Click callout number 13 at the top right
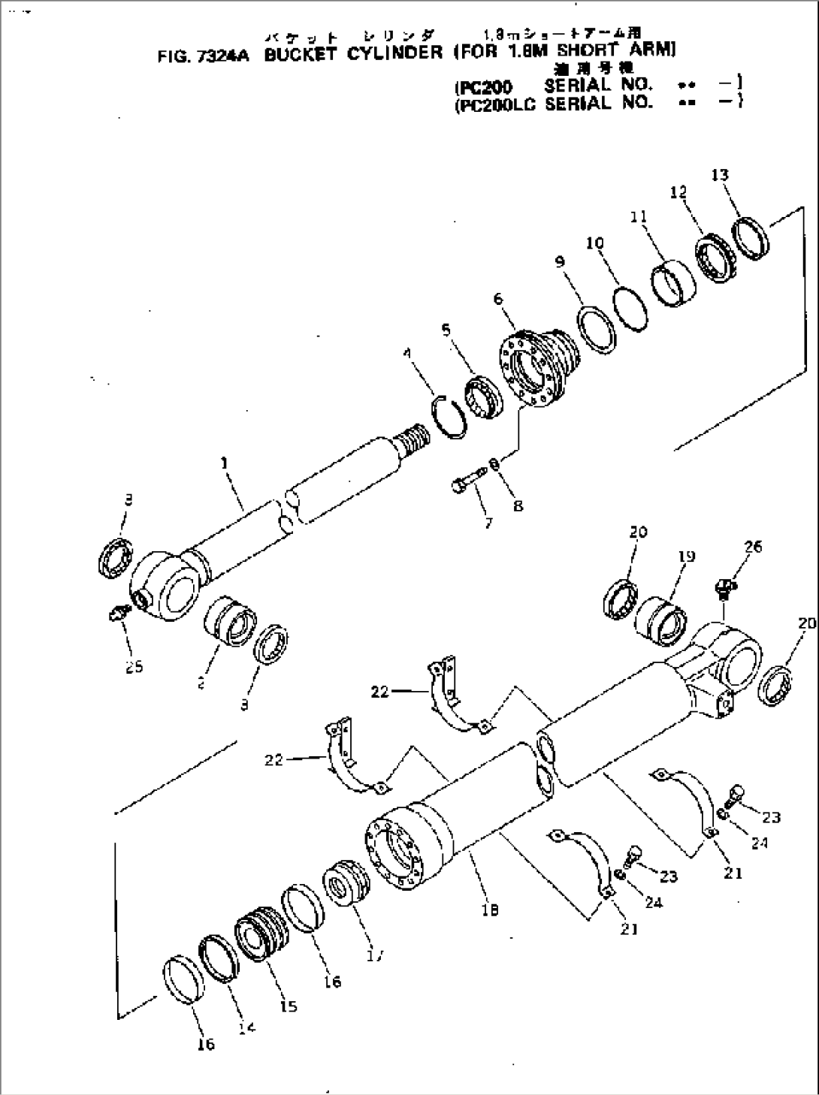pyautogui.click(x=720, y=175)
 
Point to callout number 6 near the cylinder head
pyautogui.click(x=498, y=298)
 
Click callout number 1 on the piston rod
pyautogui.click(x=224, y=464)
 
